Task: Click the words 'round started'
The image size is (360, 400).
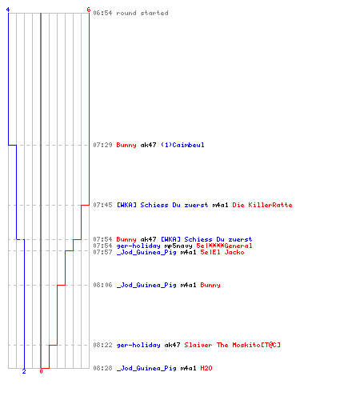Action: [x=142, y=13]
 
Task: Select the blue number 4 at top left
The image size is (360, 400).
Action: [x=8, y=10]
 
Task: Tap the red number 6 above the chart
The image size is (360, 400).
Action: [x=89, y=10]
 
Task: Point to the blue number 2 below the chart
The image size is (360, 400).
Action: [x=24, y=371]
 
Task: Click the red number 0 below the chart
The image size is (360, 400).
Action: [x=41, y=371]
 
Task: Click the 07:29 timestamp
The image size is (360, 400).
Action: [x=102, y=145]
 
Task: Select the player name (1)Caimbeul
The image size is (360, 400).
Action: [x=182, y=145]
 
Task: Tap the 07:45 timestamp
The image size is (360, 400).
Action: [x=102, y=205]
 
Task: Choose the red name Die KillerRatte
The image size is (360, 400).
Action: [x=262, y=205]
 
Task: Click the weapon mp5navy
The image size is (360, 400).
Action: [x=178, y=246]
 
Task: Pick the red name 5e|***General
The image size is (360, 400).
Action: [x=224, y=246]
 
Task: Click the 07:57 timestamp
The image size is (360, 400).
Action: [x=102, y=252]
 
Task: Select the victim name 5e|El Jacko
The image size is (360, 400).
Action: [x=222, y=252]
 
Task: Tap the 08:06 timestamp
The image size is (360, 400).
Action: [x=102, y=285]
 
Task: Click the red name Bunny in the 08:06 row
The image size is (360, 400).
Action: [x=210, y=286]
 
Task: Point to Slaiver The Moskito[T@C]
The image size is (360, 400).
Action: [x=233, y=345]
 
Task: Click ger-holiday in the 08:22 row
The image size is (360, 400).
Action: [x=138, y=345]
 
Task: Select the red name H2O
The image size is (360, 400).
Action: [x=206, y=368]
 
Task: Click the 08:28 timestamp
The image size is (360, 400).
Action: [x=102, y=368]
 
